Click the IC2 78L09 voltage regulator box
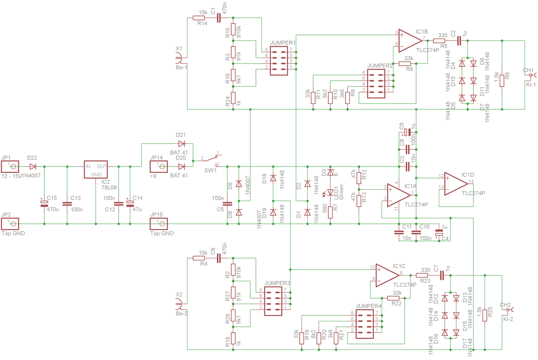point(96,170)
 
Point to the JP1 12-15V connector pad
point(13,167)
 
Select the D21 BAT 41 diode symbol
point(181,143)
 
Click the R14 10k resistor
point(199,18)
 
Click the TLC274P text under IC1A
point(416,205)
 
